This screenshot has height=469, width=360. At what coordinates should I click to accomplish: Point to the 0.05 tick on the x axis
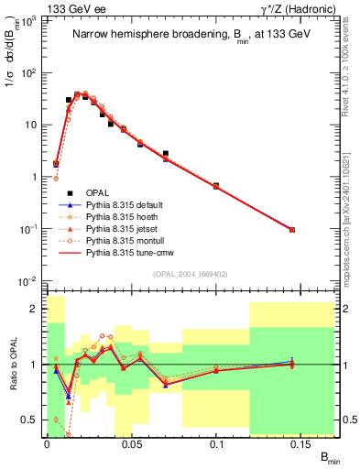point(132,443)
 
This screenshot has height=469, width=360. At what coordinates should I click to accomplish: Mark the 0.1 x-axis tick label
point(217,443)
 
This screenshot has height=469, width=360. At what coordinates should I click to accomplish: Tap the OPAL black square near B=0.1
point(216,186)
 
